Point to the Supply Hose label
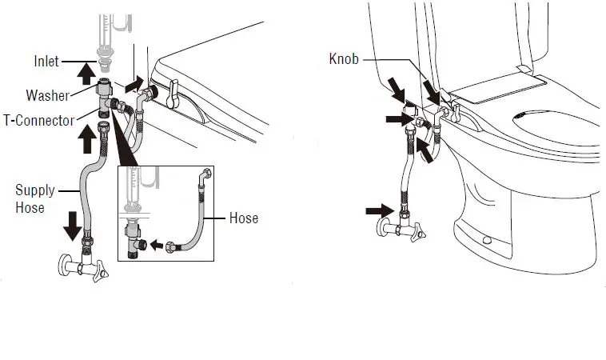pyautogui.click(x=35, y=198)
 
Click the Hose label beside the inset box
pyautogui.click(x=244, y=218)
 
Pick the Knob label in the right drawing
pyautogui.click(x=345, y=59)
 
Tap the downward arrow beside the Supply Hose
pyautogui.click(x=72, y=226)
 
